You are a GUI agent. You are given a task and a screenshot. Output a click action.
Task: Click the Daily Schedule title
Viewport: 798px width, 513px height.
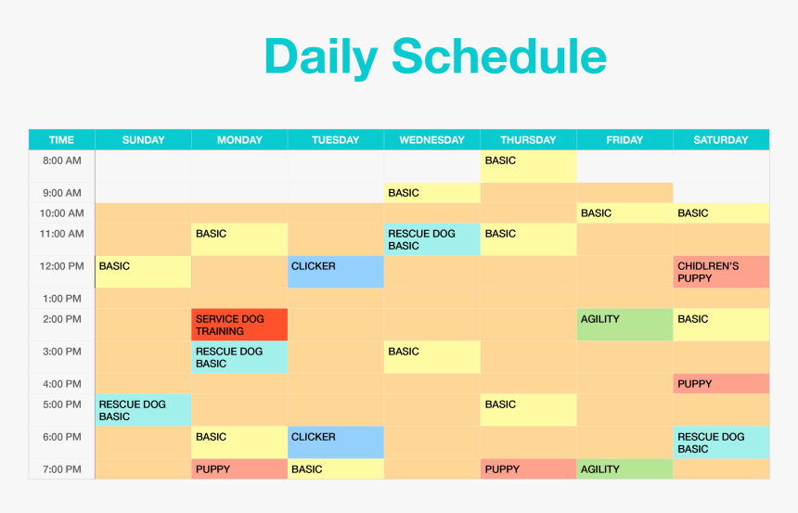[x=435, y=57]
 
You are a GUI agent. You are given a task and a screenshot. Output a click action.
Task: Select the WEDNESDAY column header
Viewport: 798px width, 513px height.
[x=431, y=140]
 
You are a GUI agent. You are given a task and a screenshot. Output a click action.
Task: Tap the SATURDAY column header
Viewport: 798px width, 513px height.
[x=721, y=140]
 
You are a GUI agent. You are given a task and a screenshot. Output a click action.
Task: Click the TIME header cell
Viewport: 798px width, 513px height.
[x=61, y=140]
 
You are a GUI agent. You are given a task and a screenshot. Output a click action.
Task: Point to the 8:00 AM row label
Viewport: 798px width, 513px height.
[x=62, y=160]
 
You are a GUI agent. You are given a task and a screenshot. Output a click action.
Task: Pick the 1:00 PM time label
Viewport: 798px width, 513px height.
[x=62, y=299]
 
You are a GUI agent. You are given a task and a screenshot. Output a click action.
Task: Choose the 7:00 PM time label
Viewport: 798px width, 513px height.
[x=62, y=469]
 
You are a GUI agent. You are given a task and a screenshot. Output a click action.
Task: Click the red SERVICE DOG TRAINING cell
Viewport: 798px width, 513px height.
[x=239, y=325]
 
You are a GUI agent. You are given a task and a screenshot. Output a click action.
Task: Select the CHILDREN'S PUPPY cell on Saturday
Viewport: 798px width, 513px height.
[x=721, y=272]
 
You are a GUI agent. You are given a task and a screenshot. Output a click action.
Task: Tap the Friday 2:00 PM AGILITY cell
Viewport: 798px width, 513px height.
[x=624, y=325]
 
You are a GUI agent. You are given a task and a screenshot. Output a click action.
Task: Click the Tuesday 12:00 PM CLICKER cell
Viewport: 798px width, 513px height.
[x=335, y=272]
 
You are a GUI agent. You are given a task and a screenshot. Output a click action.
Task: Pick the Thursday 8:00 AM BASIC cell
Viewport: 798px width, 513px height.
[x=528, y=166]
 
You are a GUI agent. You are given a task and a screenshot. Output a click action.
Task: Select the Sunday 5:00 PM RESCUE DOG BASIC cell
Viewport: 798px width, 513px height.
[x=143, y=410]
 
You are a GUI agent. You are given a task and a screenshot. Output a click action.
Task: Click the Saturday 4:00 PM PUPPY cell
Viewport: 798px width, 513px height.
[x=721, y=384]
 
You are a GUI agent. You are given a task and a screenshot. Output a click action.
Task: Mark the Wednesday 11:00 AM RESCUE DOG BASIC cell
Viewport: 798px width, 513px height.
[x=431, y=239]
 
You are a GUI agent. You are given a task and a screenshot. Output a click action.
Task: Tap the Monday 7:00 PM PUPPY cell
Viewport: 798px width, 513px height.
[x=239, y=469]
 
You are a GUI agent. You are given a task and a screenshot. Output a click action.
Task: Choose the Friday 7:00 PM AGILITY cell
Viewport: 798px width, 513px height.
[x=624, y=469]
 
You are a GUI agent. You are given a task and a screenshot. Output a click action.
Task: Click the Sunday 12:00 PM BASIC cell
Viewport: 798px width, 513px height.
[x=143, y=272]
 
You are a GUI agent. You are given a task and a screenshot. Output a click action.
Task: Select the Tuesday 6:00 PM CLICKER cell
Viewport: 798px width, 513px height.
[x=335, y=442]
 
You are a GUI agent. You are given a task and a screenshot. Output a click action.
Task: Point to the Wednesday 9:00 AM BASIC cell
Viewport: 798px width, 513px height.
[x=431, y=193]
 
